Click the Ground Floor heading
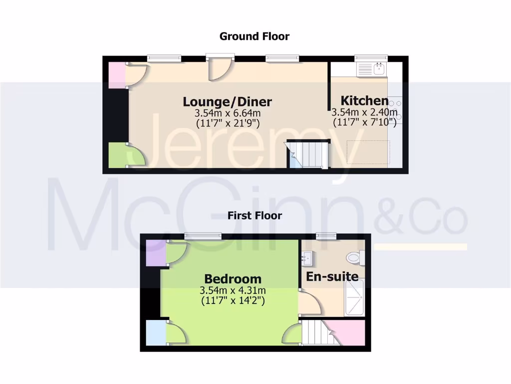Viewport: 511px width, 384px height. (255, 36)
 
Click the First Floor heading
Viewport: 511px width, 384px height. (255, 215)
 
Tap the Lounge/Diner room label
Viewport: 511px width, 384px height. (227, 101)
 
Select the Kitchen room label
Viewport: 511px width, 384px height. (364, 100)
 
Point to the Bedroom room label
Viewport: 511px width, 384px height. (233, 278)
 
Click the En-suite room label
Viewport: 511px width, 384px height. (332, 276)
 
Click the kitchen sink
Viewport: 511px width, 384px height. (372, 68)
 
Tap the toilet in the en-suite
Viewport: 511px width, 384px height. (354, 258)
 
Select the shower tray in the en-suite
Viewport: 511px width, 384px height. (355, 297)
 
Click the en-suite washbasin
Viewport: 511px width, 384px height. (306, 258)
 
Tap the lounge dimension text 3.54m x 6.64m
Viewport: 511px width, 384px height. (227, 113)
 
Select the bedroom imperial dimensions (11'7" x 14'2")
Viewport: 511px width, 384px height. (233, 300)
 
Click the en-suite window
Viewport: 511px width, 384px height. (326, 235)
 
